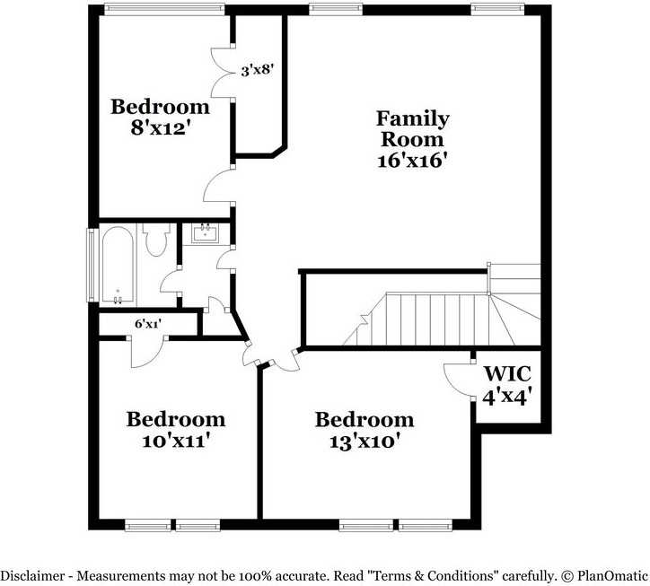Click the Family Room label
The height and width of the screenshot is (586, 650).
(x=412, y=128)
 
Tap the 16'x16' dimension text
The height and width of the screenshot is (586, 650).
(x=412, y=162)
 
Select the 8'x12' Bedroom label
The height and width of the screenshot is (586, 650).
(x=160, y=107)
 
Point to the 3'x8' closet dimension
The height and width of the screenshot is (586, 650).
(x=257, y=68)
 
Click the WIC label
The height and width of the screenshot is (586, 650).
(x=507, y=373)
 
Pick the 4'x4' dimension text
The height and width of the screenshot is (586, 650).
(x=507, y=395)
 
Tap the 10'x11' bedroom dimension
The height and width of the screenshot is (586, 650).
(x=175, y=441)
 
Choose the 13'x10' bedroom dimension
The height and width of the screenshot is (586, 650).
(x=364, y=441)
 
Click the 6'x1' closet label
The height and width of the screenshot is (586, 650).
(x=147, y=324)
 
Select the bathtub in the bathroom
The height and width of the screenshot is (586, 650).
(x=118, y=265)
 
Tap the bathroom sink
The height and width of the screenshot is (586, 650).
(x=205, y=234)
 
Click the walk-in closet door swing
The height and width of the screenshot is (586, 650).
(x=460, y=381)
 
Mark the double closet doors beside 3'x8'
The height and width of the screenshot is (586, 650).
(x=221, y=70)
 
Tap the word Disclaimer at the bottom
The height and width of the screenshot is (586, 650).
(x=33, y=574)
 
